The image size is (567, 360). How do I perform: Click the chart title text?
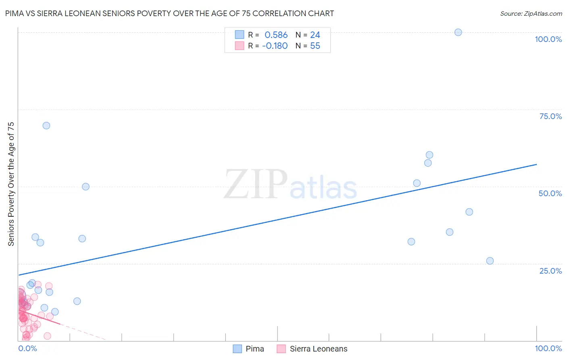tap(169, 13)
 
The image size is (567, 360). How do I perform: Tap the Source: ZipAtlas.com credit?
tap(531, 13)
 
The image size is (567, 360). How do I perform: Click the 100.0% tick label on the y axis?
tap(548, 39)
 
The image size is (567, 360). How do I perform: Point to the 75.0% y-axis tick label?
tap(550, 116)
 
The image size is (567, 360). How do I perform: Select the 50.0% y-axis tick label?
tap(550, 193)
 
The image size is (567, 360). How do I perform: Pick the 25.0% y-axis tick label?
tap(550, 271)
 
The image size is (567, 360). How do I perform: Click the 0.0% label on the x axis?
tap(28, 348)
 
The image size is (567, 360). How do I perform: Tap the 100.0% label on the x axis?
tap(548, 348)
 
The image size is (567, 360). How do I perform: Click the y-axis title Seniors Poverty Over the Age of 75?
tap(11, 184)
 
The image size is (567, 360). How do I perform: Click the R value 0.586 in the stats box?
tap(276, 35)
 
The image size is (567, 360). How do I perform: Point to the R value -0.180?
tap(275, 46)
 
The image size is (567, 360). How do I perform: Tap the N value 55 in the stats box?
tap(315, 46)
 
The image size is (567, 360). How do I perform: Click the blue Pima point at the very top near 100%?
tap(458, 32)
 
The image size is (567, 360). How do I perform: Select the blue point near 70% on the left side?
tap(46, 126)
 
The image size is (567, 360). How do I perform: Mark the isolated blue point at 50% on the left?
tap(85, 186)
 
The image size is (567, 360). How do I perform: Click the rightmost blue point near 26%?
tap(490, 261)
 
